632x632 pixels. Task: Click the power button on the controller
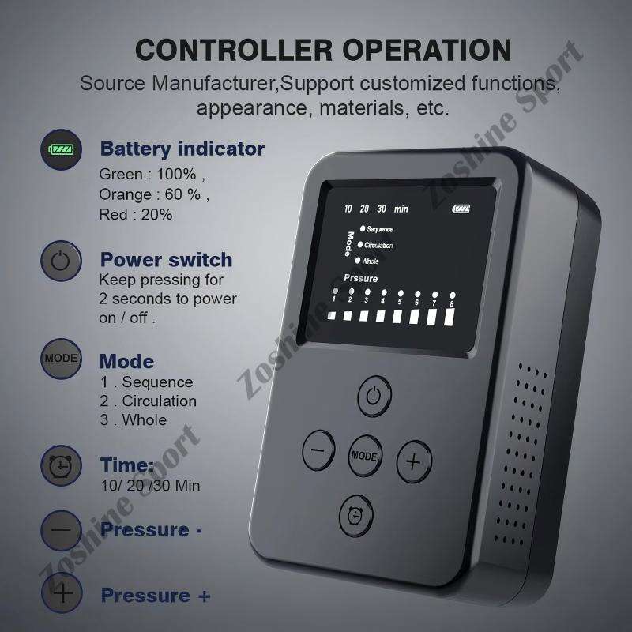(374, 397)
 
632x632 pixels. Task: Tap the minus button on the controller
(318, 450)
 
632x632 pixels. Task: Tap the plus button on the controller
(414, 461)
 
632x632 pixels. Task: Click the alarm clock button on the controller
(356, 516)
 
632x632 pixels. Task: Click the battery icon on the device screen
(461, 209)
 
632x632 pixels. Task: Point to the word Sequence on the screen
(380, 229)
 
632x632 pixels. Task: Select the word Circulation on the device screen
(378, 245)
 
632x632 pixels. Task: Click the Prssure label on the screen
(361, 279)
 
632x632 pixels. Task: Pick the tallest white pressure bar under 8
(450, 318)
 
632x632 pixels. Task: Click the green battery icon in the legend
(62, 149)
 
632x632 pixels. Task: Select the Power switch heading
(166, 260)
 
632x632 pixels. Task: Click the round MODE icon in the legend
(62, 359)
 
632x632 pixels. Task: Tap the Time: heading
(127, 465)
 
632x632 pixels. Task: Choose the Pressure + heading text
(156, 596)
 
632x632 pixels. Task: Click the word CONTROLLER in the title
(233, 50)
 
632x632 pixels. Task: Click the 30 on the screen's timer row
(382, 209)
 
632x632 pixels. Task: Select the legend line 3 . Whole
(134, 420)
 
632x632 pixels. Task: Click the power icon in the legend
(61, 261)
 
